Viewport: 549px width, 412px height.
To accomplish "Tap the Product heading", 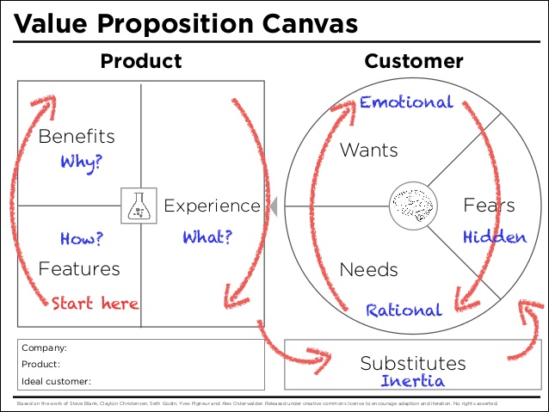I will click(x=141, y=61).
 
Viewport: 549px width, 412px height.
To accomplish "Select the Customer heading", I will click(x=414, y=61).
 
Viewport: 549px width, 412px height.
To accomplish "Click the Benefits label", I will click(x=77, y=136).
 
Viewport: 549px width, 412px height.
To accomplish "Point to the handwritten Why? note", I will click(x=82, y=161).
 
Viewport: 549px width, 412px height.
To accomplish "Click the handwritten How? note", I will click(x=83, y=238).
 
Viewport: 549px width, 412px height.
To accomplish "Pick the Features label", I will click(x=79, y=268).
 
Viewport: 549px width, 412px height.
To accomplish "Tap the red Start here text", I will click(x=95, y=303).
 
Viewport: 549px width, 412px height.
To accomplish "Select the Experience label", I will click(x=212, y=206).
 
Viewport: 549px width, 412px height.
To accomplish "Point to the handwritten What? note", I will click(x=207, y=237).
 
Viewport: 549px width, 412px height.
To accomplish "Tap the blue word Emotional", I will click(x=406, y=102).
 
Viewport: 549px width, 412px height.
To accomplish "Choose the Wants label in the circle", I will click(x=368, y=151).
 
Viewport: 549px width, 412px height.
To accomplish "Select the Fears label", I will click(x=489, y=206).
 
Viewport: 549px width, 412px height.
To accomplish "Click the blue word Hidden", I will click(x=495, y=237).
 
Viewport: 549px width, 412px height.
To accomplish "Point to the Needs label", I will click(x=368, y=269).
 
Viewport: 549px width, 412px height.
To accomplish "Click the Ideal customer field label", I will click(x=56, y=380).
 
